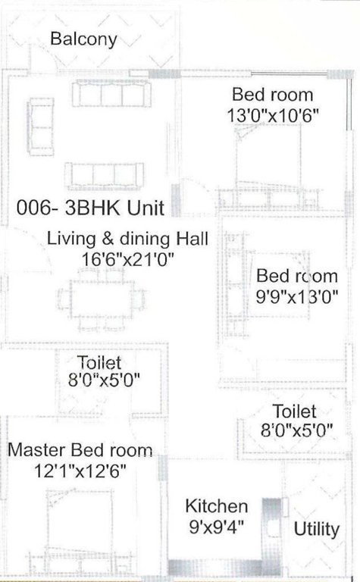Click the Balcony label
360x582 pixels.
click(x=83, y=39)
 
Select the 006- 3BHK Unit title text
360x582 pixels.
click(x=92, y=208)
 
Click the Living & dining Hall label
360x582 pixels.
click(x=127, y=238)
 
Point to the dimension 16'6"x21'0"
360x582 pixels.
click(x=129, y=259)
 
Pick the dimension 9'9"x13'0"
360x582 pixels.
click(x=296, y=295)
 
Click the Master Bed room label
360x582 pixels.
click(x=80, y=450)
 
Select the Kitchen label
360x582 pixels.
click(x=217, y=506)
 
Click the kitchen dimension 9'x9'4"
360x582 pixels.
click(x=217, y=524)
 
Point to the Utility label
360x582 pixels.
click(x=316, y=528)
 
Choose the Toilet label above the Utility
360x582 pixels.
click(x=294, y=412)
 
